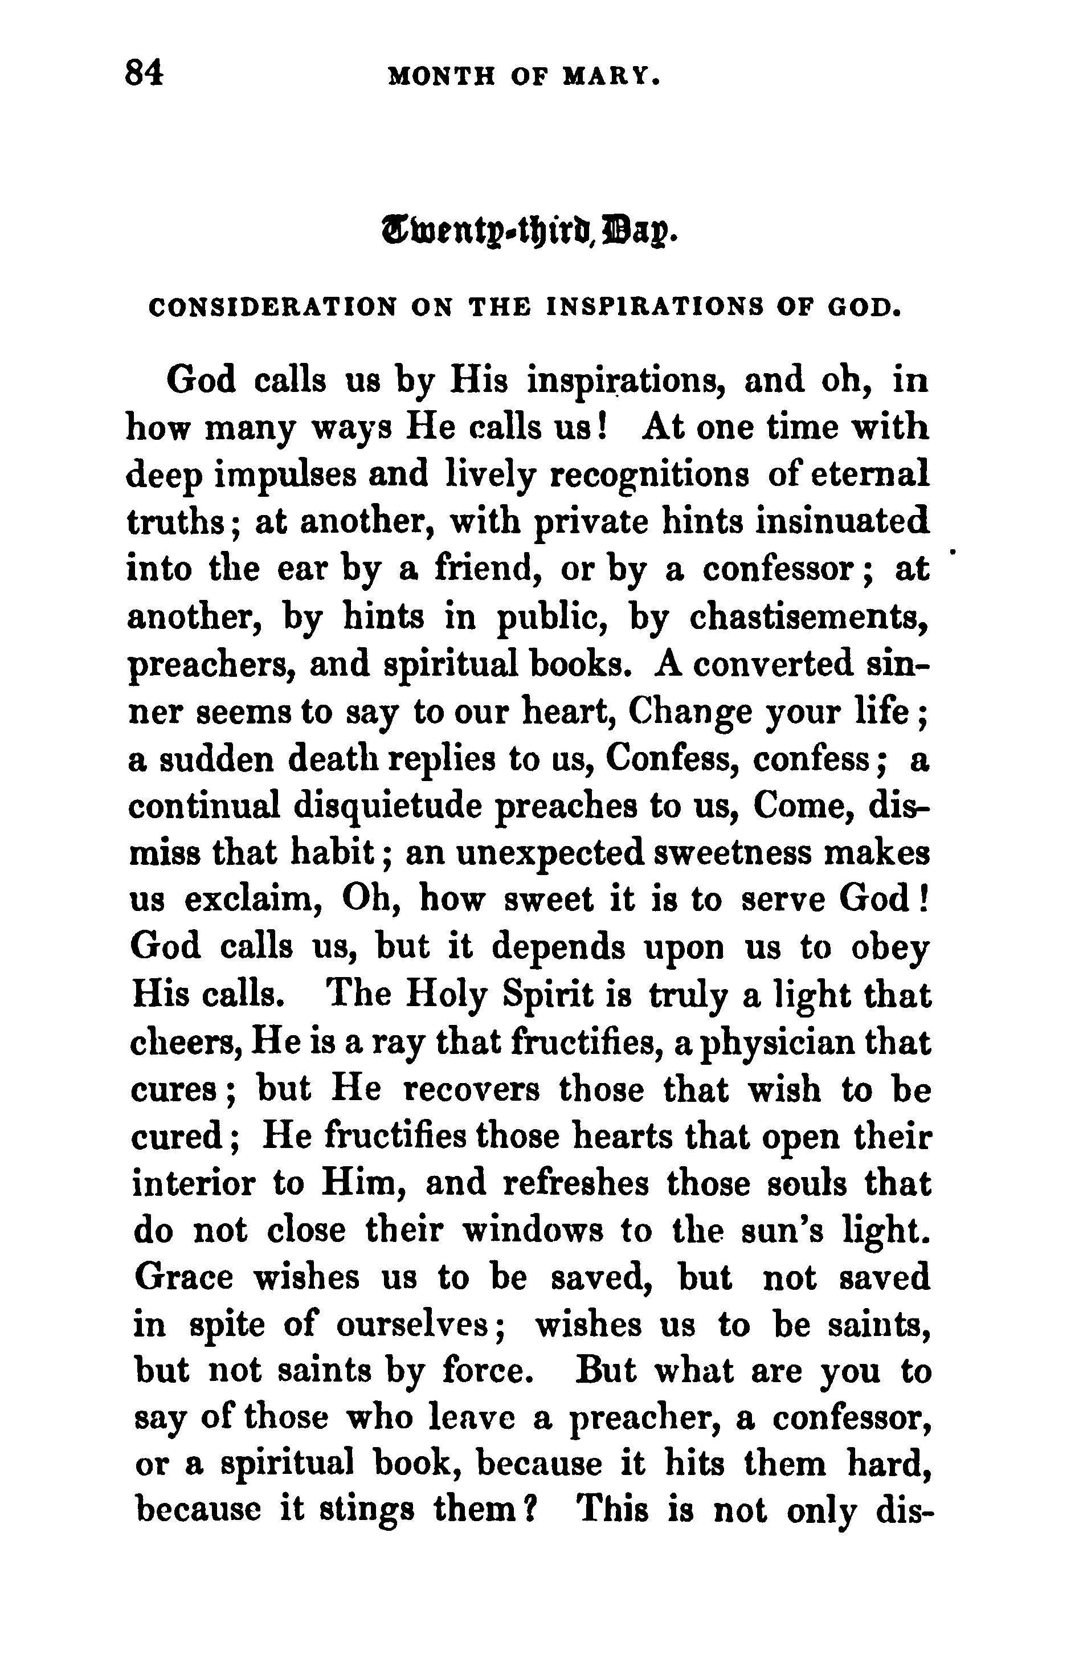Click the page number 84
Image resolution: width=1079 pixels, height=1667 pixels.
pyautogui.click(x=144, y=73)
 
